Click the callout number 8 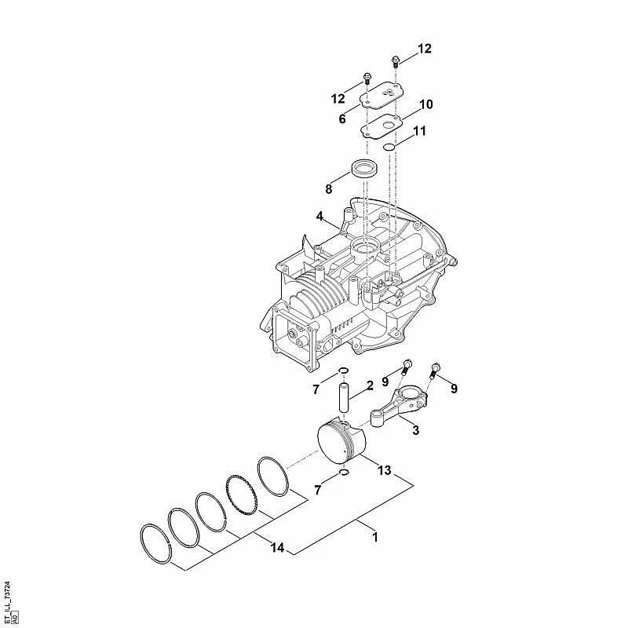pos(328,189)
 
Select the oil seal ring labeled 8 pos(364,169)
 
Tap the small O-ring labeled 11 pos(389,148)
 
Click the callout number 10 pos(425,104)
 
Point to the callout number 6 pos(342,119)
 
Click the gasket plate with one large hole pos(381,126)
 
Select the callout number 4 pos(319,217)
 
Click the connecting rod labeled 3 pos(399,406)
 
